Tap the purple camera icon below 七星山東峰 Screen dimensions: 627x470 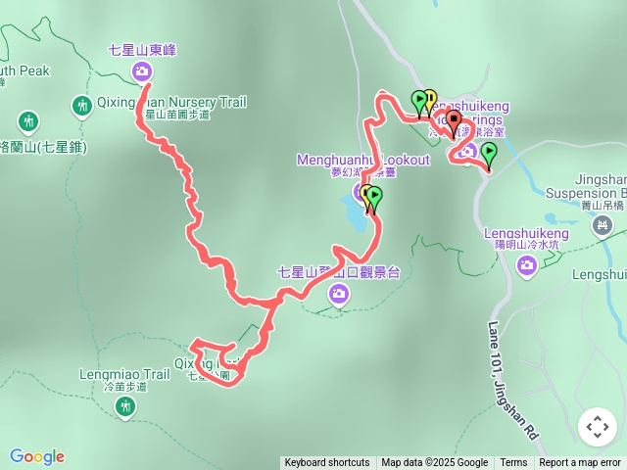point(142,70)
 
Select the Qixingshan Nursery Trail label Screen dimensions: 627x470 point(171,102)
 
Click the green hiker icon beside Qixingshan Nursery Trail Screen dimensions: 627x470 point(82,104)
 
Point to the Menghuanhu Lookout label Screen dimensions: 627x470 point(362,160)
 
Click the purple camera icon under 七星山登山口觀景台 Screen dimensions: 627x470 point(339,293)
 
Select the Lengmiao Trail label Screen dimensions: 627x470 point(123,374)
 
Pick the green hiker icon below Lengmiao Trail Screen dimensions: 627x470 point(124,406)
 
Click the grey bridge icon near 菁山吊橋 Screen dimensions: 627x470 point(601,227)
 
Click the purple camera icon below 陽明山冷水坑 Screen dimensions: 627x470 point(527,264)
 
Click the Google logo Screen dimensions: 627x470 point(37,456)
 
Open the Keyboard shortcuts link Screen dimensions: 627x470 point(327,463)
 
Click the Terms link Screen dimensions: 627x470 point(513,463)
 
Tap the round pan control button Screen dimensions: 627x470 point(598,427)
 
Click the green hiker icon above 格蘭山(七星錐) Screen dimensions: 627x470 point(28,121)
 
